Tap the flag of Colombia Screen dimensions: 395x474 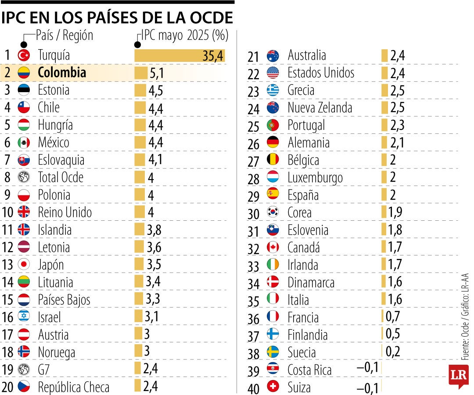tap(24, 73)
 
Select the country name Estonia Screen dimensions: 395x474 tap(54, 90)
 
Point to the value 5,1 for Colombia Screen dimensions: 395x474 tap(157, 73)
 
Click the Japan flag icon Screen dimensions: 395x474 tap(24, 265)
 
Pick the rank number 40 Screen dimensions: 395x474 tap(254, 388)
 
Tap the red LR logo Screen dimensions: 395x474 tap(458, 375)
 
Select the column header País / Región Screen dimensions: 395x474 tap(65, 35)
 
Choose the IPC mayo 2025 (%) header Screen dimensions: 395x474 tap(183, 35)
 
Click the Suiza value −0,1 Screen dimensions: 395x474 tap(368, 388)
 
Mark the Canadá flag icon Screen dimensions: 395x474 tap(273, 248)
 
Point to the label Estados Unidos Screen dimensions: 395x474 tap(321, 73)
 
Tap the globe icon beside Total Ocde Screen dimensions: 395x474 tap(24, 177)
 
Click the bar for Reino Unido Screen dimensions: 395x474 tap(140, 212)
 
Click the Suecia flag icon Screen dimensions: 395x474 tap(273, 352)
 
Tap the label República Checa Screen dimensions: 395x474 tap(74, 387)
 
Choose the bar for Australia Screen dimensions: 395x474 tap(384, 56)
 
